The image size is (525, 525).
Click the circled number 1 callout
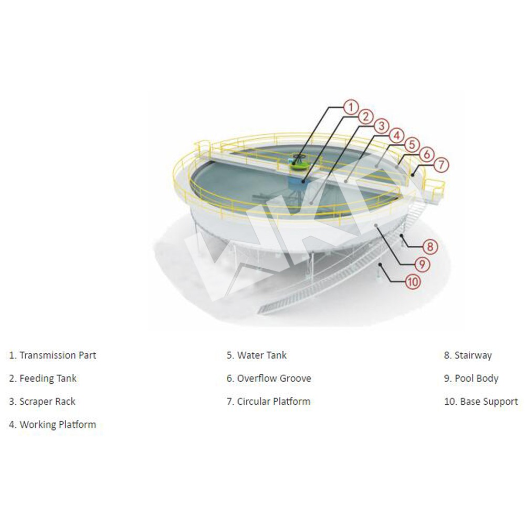pyautogui.click(x=351, y=108)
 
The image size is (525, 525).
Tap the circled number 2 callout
pyautogui.click(x=366, y=117)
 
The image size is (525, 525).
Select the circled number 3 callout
pyautogui.click(x=381, y=127)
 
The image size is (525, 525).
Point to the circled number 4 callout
pyautogui.click(x=397, y=136)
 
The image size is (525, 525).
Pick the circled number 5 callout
pyautogui.click(x=412, y=145)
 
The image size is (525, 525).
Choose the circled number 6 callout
pyautogui.click(x=427, y=155)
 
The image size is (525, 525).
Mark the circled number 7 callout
pyautogui.click(x=442, y=165)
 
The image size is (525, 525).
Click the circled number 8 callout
pyautogui.click(x=430, y=247)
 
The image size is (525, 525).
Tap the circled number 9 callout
pyautogui.click(x=422, y=265)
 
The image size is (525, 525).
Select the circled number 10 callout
pyautogui.click(x=413, y=282)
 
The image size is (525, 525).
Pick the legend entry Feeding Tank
pyautogui.click(x=43, y=379)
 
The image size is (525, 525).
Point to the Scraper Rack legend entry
pyautogui.click(x=42, y=402)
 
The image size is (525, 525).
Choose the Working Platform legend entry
pyautogui.click(x=52, y=425)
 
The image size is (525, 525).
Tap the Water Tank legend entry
pyautogui.click(x=257, y=355)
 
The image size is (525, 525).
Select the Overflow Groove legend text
pyautogui.click(x=269, y=379)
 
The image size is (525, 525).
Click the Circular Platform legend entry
pyautogui.click(x=268, y=402)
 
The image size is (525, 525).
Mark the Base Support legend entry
pyautogui.click(x=481, y=402)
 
